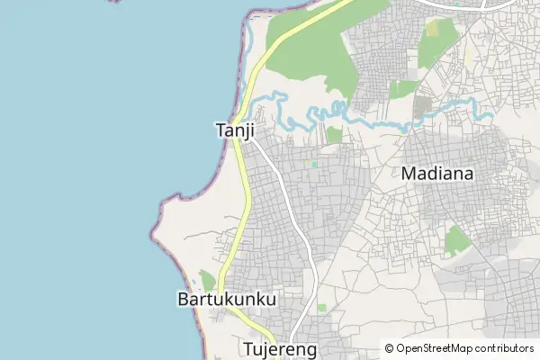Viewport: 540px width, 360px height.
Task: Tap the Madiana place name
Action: (438, 174)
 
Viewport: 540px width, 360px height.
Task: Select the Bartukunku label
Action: (227, 298)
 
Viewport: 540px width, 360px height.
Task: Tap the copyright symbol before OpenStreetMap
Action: (389, 348)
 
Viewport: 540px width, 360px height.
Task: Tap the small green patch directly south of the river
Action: (334, 135)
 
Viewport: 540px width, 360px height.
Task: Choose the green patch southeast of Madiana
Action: (457, 239)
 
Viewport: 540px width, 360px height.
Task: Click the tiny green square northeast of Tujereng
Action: (321, 308)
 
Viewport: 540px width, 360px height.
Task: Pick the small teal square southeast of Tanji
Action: (314, 164)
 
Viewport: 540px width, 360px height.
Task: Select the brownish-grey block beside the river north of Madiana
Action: (422, 106)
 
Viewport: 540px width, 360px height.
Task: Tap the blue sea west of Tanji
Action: (90, 135)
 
